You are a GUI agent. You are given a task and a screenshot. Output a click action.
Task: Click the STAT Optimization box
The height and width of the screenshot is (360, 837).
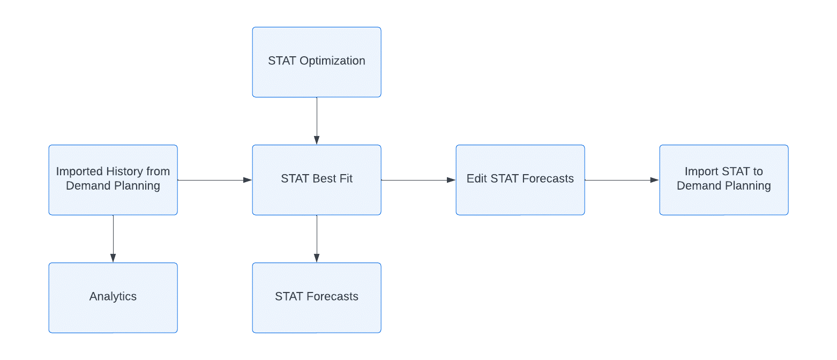click(x=317, y=62)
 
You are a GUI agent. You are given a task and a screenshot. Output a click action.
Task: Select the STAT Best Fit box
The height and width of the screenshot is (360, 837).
click(x=317, y=180)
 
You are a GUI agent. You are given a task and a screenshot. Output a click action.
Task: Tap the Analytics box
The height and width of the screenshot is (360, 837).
click(x=113, y=298)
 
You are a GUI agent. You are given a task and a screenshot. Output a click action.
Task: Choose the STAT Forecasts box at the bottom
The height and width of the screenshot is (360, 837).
click(x=317, y=298)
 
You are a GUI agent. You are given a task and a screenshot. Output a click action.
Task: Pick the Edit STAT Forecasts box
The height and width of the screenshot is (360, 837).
click(x=520, y=180)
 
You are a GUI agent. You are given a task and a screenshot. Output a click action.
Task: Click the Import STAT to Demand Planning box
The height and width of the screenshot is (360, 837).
click(x=724, y=180)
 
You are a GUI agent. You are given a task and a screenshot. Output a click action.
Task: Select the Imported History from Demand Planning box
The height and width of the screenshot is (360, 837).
click(x=113, y=180)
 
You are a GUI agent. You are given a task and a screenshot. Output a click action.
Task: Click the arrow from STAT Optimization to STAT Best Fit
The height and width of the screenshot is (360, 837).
click(x=317, y=121)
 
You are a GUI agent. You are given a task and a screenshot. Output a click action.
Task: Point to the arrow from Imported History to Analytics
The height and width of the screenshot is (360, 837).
click(x=113, y=238)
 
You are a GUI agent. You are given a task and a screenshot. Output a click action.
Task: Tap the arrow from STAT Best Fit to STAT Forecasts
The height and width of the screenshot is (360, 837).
click(x=317, y=238)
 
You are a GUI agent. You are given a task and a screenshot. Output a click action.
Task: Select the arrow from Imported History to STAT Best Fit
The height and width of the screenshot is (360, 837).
click(x=215, y=180)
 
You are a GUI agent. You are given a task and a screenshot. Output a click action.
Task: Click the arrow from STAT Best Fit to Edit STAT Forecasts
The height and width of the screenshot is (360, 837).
click(x=418, y=180)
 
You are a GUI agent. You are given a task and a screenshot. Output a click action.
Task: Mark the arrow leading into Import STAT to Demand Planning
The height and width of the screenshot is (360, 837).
click(x=622, y=180)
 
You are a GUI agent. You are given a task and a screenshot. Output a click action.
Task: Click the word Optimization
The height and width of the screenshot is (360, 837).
click(x=332, y=61)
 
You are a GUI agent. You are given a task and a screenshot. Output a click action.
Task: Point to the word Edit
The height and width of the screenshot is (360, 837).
click(x=477, y=178)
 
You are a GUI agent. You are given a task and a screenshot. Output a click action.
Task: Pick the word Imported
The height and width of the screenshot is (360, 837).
click(x=79, y=171)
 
